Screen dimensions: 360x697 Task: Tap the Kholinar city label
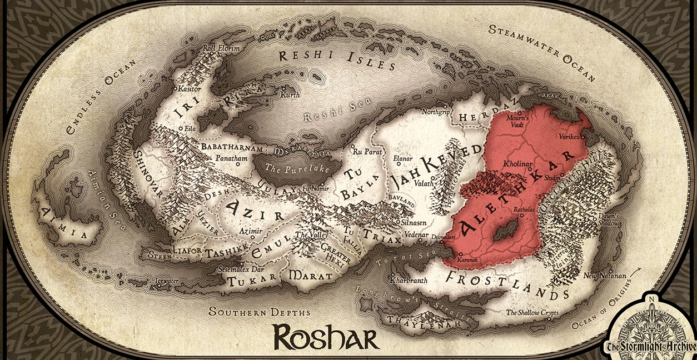point(517,165)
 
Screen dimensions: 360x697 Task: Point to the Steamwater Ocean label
point(541,52)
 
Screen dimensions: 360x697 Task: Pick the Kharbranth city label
point(409,281)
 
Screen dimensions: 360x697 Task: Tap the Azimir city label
point(250,230)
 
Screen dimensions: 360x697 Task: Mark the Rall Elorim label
point(221,48)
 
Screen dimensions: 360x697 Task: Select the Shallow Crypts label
point(532,313)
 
